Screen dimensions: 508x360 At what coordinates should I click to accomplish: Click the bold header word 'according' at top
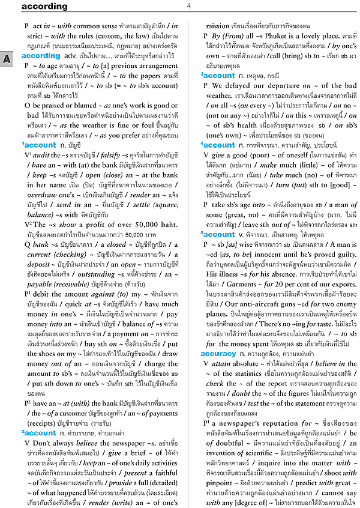pos(46,7)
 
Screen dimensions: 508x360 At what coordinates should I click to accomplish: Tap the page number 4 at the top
pos(188,6)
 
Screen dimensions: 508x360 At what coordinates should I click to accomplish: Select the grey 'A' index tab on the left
pos(6,59)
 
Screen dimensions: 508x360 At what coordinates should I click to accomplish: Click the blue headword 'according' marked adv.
pos(41,55)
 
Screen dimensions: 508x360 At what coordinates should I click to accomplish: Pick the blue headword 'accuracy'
pos(218,354)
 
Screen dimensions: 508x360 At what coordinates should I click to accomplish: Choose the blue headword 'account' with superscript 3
pos(220,76)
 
